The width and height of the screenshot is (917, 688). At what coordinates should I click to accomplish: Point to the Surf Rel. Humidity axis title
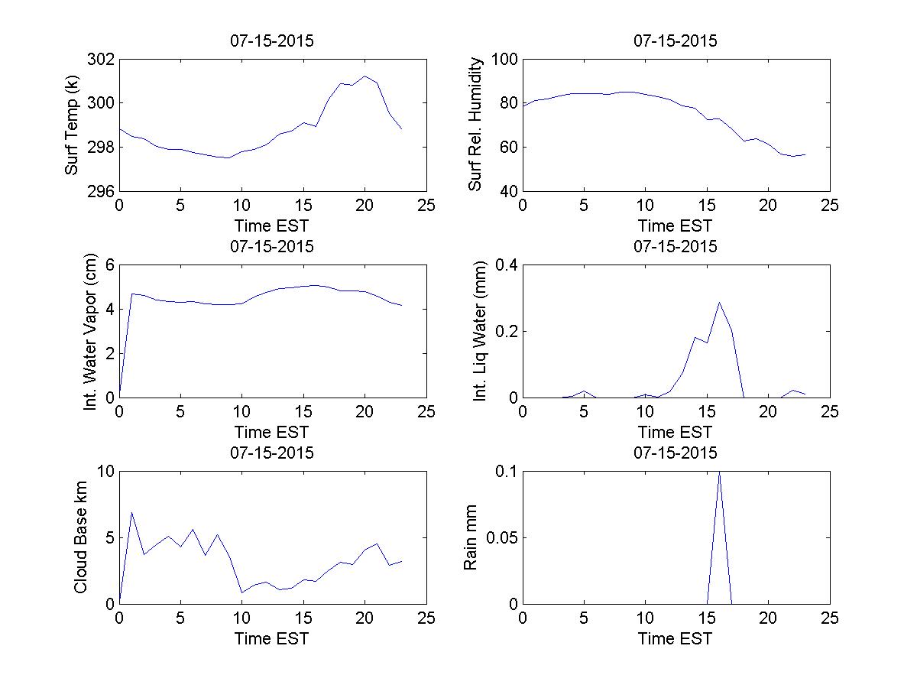(x=476, y=125)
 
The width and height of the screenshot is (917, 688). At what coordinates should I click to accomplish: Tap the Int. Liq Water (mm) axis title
(x=480, y=331)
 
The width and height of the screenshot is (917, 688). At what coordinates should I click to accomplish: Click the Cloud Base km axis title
(x=80, y=537)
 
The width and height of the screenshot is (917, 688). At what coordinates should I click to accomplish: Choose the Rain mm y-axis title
(x=471, y=537)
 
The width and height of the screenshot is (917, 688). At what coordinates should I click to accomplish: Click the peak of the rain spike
(x=719, y=472)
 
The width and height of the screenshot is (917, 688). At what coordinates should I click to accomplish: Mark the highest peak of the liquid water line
(x=719, y=302)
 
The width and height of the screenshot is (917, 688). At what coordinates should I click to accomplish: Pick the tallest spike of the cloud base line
(x=131, y=512)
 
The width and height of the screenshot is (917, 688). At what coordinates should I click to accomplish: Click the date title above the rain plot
(x=676, y=453)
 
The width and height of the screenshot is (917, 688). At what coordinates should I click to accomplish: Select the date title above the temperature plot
(x=271, y=41)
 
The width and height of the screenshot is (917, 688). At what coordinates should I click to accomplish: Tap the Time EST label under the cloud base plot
(x=271, y=638)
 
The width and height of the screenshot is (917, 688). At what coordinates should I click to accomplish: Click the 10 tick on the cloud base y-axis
(x=104, y=472)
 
